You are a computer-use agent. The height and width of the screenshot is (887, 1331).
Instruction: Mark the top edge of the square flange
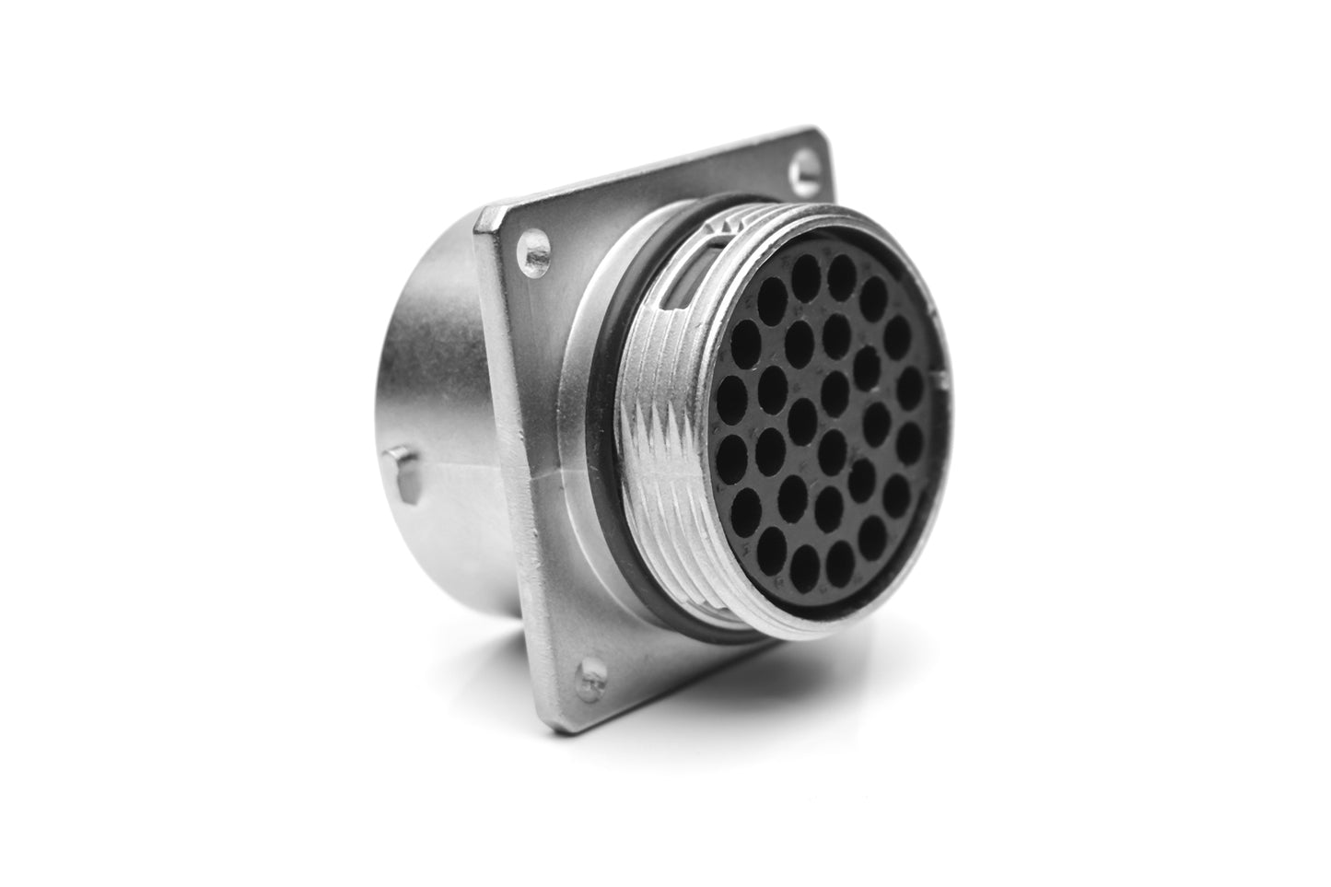[645, 175]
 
